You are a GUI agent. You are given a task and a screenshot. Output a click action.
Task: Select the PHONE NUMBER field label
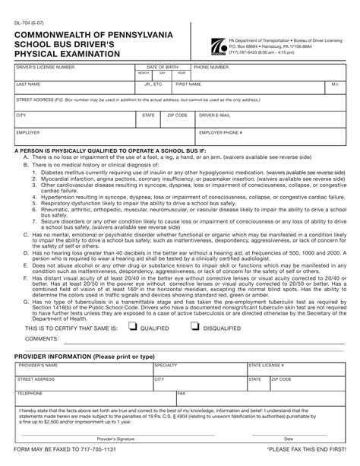[x=212, y=67]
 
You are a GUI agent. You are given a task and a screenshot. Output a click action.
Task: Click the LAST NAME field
[x=68, y=90]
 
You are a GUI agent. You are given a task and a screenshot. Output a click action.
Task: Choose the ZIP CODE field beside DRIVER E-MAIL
[x=178, y=121]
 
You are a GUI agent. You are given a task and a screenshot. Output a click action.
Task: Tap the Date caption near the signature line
[x=289, y=439]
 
